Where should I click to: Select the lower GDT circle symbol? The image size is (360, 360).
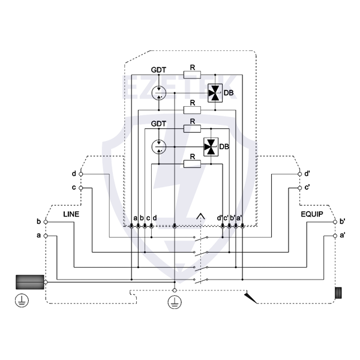(158, 146)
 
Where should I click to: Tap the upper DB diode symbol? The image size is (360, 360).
(214, 93)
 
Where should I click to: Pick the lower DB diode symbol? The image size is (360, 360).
(211, 146)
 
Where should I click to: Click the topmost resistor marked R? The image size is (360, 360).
(192, 76)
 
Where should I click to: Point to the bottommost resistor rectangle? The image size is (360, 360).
(192, 163)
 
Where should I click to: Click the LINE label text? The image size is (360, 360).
(71, 214)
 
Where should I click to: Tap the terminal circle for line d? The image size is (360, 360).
(82, 174)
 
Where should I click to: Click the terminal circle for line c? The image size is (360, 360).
(82, 188)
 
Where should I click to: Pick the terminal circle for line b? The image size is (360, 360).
(46, 222)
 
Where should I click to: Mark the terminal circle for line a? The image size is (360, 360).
(46, 236)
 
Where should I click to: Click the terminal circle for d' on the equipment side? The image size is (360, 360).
(300, 174)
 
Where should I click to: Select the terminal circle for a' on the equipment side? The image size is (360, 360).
(335, 236)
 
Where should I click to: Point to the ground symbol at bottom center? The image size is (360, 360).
(174, 302)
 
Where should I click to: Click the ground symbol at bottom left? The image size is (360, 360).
(21, 301)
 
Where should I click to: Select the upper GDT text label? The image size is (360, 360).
(158, 70)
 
